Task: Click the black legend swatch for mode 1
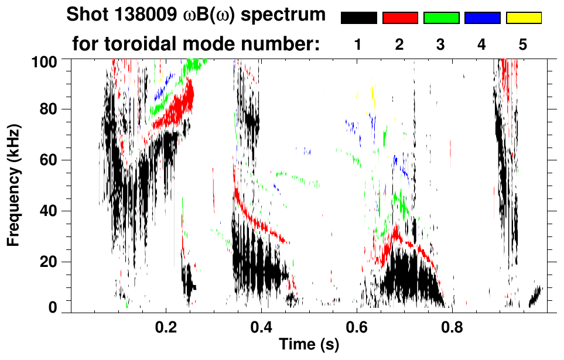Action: [x=358, y=18]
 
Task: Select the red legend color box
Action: [x=400, y=18]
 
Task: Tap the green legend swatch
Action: [x=441, y=18]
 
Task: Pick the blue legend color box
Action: [x=482, y=18]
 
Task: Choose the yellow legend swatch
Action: [x=524, y=18]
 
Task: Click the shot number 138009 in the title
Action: [x=135, y=15]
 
